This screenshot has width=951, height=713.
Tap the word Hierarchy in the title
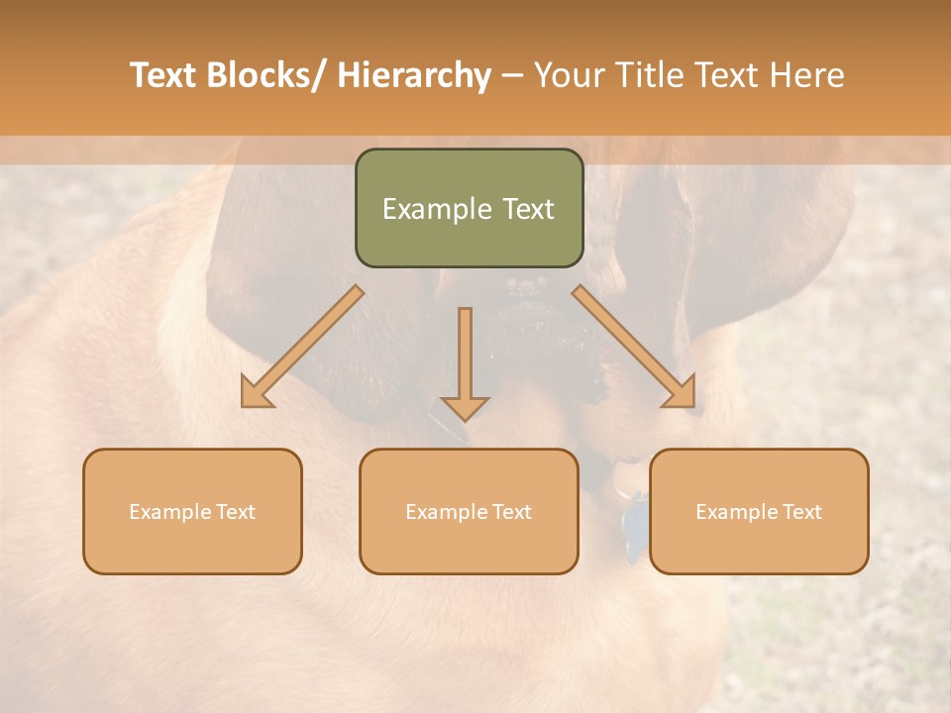click(x=414, y=75)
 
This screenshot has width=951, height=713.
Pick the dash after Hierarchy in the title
click(x=513, y=76)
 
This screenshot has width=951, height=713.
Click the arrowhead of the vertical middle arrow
click(x=465, y=407)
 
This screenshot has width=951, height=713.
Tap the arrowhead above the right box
click(x=682, y=392)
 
